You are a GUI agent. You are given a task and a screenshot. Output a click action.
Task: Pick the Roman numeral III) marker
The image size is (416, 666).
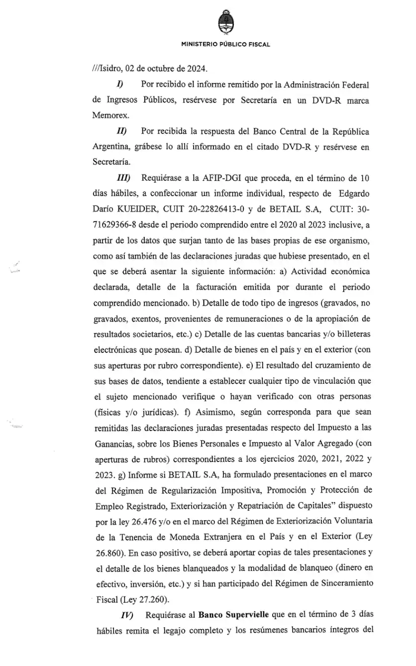(122, 178)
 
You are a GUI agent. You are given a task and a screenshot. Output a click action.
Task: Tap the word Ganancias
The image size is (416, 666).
(113, 444)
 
